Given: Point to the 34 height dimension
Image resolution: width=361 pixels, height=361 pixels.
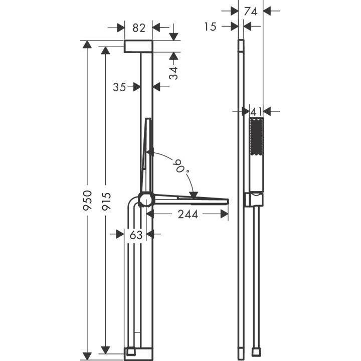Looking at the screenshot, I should (173, 73).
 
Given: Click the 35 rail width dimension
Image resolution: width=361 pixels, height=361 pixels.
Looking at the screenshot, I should (119, 87).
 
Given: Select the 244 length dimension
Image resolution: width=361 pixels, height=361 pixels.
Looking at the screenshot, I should (188, 215).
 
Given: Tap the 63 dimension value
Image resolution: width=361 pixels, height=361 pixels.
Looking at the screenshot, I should (135, 234).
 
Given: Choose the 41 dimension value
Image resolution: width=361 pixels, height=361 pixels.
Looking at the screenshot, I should (257, 111).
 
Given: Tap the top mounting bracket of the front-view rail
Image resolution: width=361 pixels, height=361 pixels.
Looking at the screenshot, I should (138, 46).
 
